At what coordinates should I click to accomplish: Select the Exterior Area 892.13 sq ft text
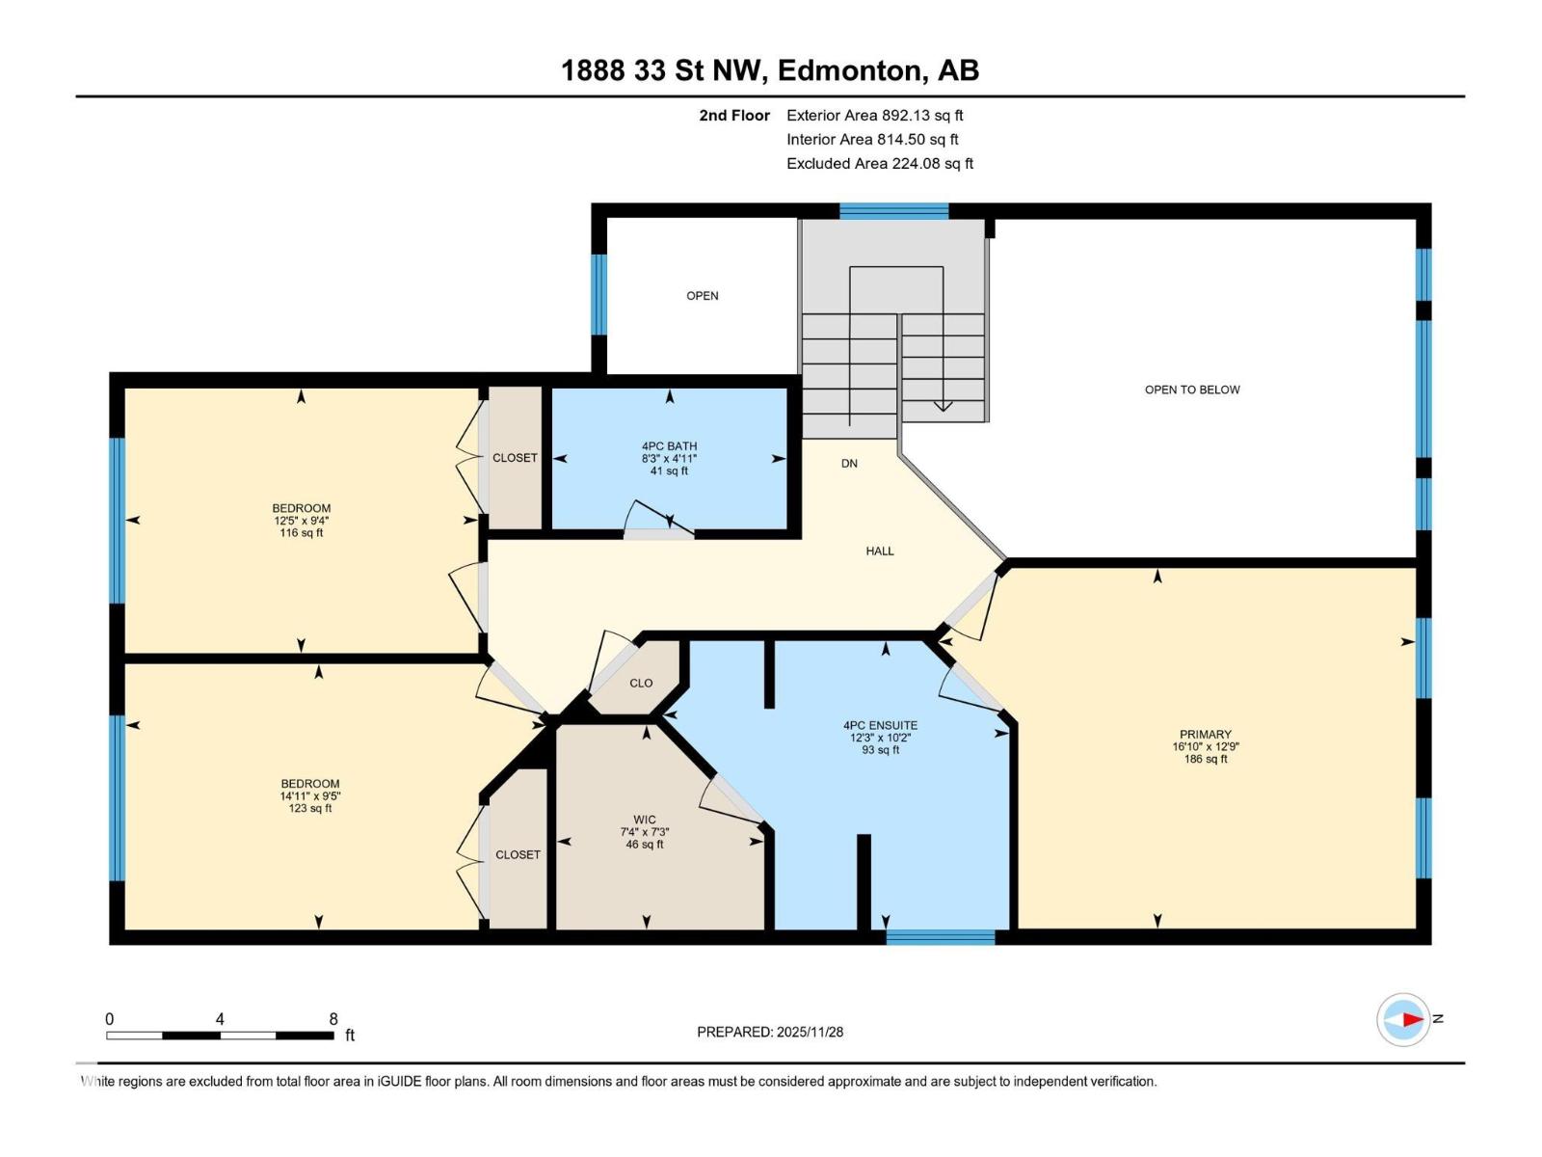[874, 115]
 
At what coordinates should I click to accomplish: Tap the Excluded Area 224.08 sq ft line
[879, 163]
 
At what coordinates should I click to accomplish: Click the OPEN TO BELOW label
[1191, 390]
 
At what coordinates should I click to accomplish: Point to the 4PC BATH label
[669, 446]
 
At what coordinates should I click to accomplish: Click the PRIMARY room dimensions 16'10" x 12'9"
[1205, 746]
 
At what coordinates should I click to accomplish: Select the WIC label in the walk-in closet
[644, 820]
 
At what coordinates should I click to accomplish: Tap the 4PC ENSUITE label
[880, 725]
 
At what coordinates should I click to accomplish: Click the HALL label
[879, 551]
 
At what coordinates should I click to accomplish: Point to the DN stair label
[849, 463]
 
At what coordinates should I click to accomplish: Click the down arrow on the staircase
[943, 404]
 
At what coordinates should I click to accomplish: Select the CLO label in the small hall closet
[641, 683]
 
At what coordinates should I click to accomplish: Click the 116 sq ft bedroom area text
[301, 532]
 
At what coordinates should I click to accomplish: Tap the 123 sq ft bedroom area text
[309, 808]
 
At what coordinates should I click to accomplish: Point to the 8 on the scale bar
[333, 1019]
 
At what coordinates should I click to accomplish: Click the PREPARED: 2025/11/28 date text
[770, 1032]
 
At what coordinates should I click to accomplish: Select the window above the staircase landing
[893, 210]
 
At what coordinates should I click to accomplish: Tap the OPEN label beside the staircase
[702, 296]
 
